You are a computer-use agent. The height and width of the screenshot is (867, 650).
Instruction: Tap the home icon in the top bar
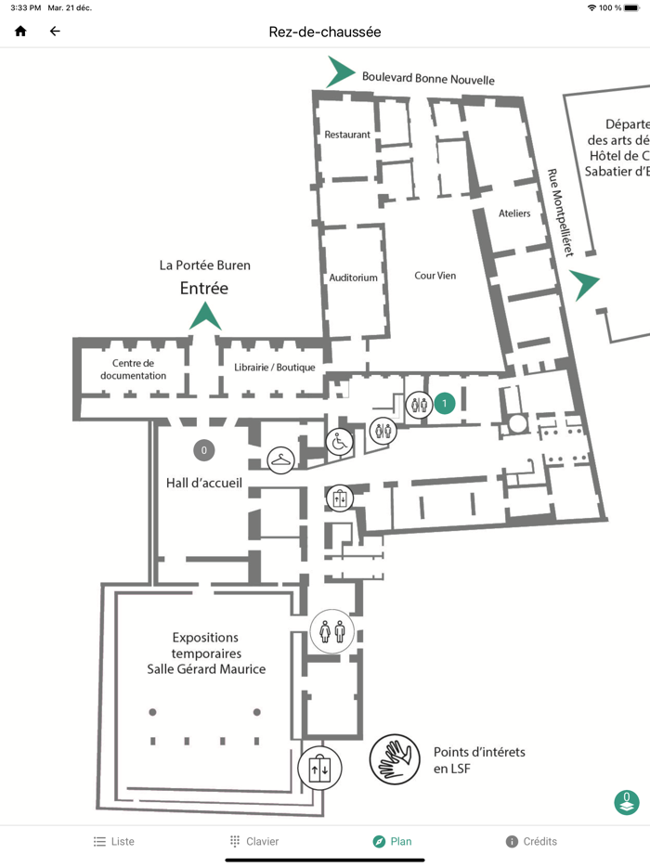[x=20, y=32]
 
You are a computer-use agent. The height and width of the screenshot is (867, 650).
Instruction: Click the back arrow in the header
[x=55, y=32]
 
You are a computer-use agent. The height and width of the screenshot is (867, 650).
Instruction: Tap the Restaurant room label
[x=347, y=135]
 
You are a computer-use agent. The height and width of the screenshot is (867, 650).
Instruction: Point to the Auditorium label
[x=354, y=278]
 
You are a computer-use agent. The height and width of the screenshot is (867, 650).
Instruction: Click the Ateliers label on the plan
[x=514, y=214]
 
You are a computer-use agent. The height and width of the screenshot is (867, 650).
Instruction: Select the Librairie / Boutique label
[x=276, y=368]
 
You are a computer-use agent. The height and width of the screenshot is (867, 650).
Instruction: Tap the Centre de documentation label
[x=134, y=369]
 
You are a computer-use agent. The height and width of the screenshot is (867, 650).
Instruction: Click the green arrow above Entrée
[x=204, y=317]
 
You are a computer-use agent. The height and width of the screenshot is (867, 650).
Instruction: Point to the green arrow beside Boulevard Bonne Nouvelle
[x=341, y=72]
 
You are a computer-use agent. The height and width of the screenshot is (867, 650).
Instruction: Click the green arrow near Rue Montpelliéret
[x=585, y=285]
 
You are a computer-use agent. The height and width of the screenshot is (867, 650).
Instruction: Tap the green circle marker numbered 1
[x=445, y=403]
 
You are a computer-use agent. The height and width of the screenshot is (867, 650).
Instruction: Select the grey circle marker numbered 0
[x=203, y=451]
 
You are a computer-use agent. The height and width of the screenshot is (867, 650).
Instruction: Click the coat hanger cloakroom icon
[x=280, y=459]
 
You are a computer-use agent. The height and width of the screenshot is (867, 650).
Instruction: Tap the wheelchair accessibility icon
[x=339, y=443]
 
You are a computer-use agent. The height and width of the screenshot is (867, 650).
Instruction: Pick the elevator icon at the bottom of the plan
[x=319, y=769]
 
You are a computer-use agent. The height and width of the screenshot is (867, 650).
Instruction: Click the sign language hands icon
[x=395, y=759]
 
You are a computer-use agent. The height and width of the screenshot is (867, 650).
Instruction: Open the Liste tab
[x=113, y=841]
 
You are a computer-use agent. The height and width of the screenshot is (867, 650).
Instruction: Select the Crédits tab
[x=531, y=841]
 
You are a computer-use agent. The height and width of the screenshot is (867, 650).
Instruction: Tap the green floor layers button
[x=627, y=802]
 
